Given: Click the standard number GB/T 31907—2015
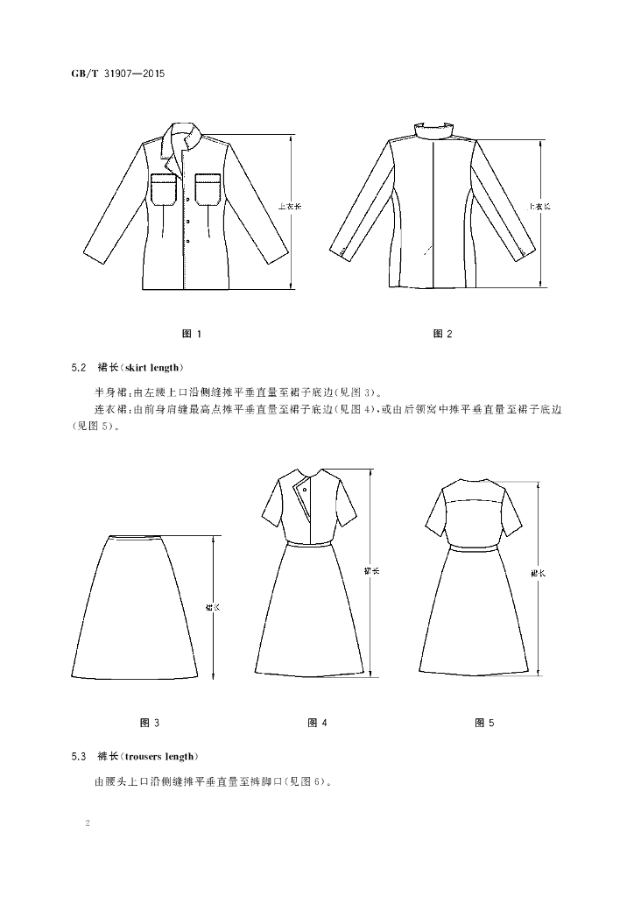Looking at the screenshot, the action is (x=117, y=74).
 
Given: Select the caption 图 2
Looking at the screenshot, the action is (x=442, y=334).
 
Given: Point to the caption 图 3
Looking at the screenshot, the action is (x=150, y=723).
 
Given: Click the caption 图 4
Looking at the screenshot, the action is (x=317, y=723).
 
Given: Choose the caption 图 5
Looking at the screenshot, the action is (x=484, y=723).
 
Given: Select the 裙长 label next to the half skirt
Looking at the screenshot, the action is (x=213, y=608).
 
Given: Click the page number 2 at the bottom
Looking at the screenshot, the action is (x=88, y=823).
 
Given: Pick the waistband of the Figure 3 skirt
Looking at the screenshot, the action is (x=136, y=536).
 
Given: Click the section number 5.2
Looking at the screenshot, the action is (x=79, y=367).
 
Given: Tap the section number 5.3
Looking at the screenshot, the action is (x=79, y=756).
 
